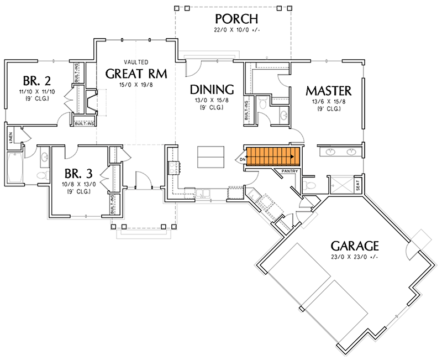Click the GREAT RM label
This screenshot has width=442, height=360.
click(137, 74)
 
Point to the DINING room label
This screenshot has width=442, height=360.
click(212, 90)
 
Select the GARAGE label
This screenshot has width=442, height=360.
click(355, 245)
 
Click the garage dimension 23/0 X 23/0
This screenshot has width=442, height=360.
click(355, 257)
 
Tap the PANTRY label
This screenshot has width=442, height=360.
click(291, 171)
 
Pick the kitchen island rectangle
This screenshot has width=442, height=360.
click(211, 156)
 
